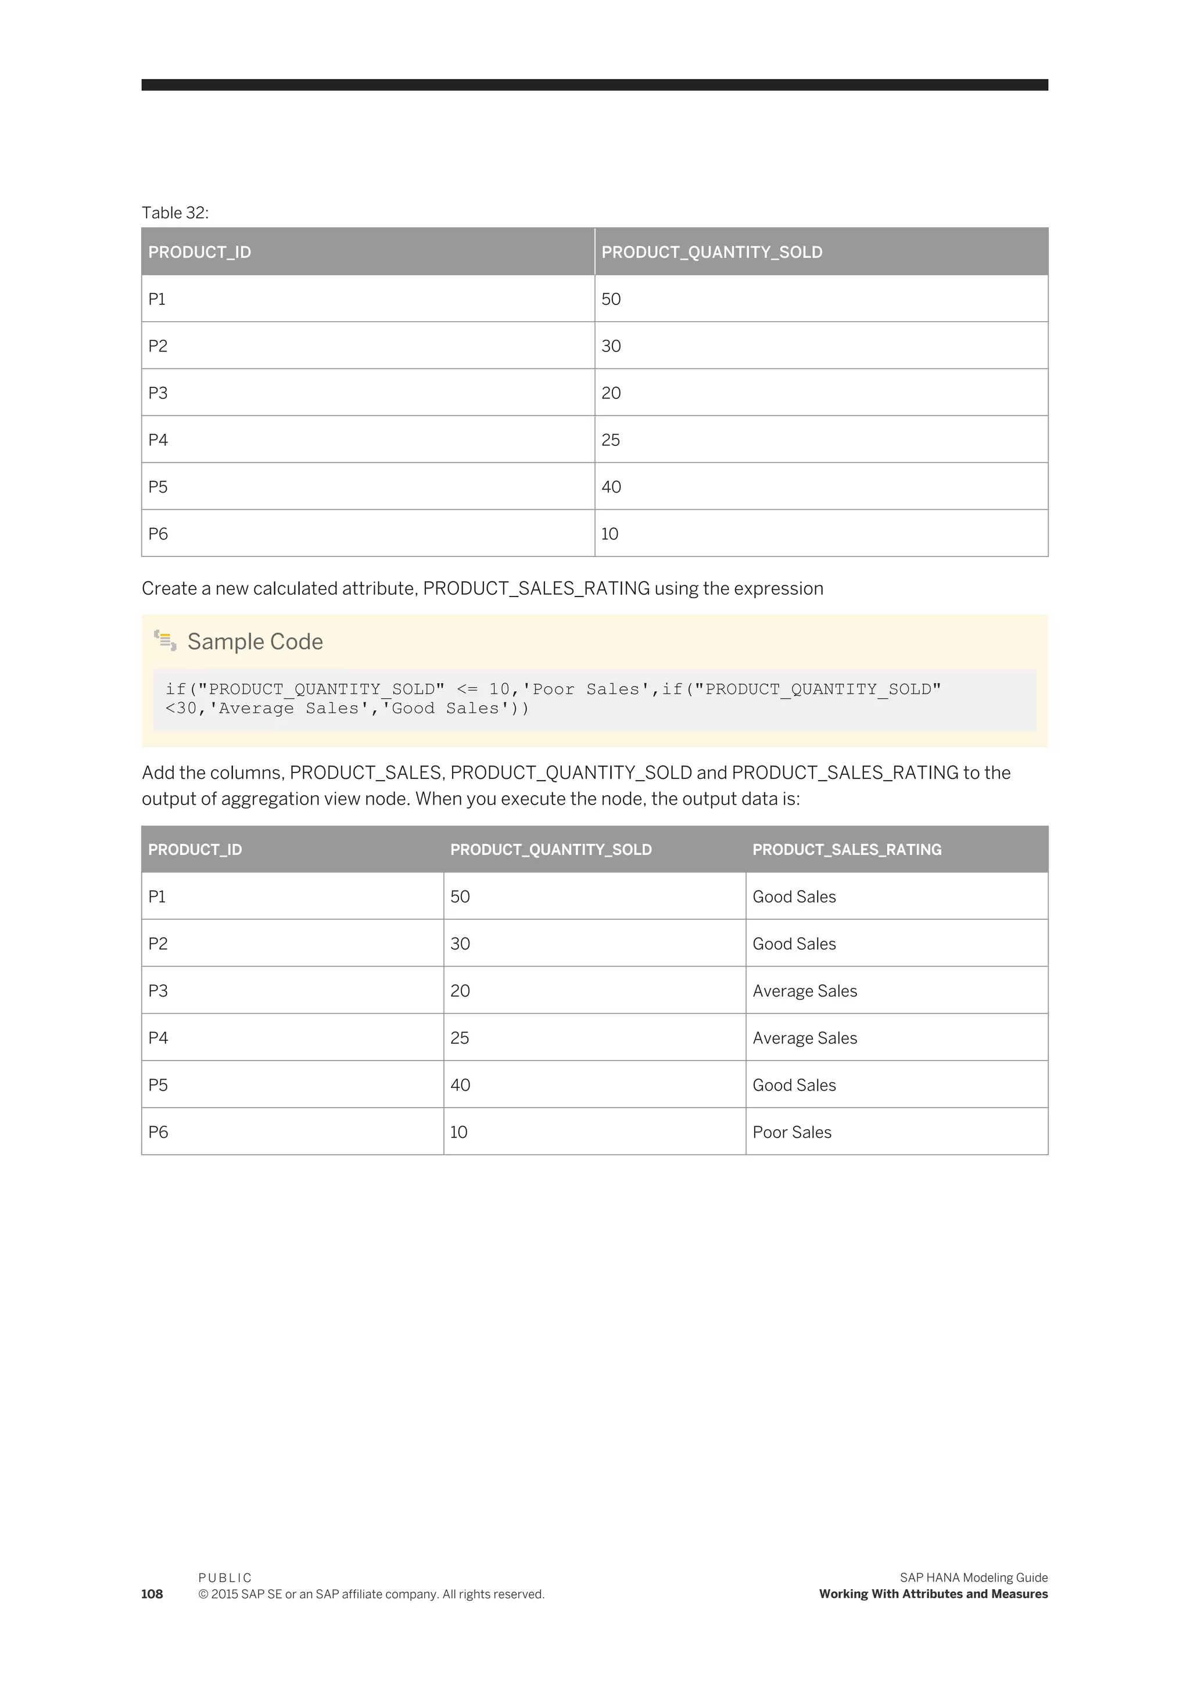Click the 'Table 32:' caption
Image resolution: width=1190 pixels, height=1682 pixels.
(x=175, y=213)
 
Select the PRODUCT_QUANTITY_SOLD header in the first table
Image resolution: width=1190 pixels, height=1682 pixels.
(x=712, y=252)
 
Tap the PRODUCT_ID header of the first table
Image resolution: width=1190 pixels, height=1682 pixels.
(x=199, y=252)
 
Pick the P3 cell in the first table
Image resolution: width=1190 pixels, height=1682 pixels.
(x=157, y=393)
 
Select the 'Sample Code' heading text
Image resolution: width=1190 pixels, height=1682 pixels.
(x=255, y=641)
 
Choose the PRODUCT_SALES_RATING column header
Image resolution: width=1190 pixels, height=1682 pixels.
(x=847, y=849)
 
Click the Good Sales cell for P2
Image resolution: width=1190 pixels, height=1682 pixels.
(x=794, y=944)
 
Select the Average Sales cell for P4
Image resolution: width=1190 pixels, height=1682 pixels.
(x=805, y=1037)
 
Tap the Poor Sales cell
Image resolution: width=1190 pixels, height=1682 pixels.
(x=791, y=1132)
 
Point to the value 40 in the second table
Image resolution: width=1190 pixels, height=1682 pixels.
(x=460, y=1085)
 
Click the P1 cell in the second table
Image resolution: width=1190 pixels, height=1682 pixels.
(x=157, y=897)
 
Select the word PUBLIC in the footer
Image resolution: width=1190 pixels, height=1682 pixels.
(x=225, y=1577)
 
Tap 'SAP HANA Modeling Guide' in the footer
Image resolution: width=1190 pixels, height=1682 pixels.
(x=973, y=1577)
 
